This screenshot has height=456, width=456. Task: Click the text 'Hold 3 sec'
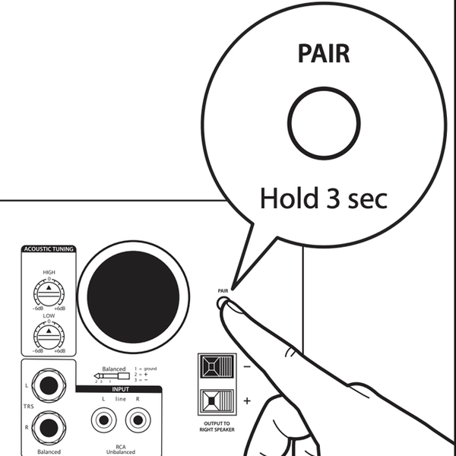(x=324, y=198)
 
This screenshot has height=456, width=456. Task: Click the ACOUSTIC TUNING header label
(x=49, y=249)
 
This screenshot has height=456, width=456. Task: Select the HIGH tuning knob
(x=49, y=293)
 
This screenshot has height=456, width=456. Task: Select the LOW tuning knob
(x=49, y=334)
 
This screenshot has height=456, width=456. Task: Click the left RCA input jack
(x=103, y=419)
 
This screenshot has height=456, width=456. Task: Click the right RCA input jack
(x=137, y=419)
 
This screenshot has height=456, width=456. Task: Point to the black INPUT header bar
(x=120, y=388)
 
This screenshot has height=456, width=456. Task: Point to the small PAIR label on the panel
(x=222, y=290)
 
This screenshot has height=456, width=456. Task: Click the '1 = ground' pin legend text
(x=144, y=368)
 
